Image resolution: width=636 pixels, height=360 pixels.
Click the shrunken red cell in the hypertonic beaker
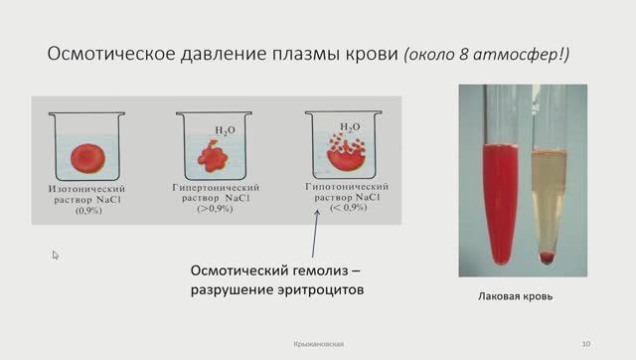[210, 155]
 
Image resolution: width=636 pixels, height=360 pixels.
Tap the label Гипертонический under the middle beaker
[215, 187]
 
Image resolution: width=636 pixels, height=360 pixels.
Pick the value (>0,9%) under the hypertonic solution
[215, 209]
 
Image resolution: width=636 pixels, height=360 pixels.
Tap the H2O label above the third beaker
[350, 127]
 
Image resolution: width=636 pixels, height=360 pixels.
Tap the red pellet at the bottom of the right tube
[546, 259]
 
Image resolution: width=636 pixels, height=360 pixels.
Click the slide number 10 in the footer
[586, 344]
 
